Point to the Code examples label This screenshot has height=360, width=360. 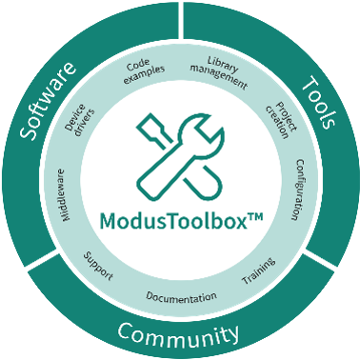[x=145, y=73]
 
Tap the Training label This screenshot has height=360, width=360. [x=258, y=273]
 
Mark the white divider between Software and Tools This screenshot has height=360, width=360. [x=180, y=21]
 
